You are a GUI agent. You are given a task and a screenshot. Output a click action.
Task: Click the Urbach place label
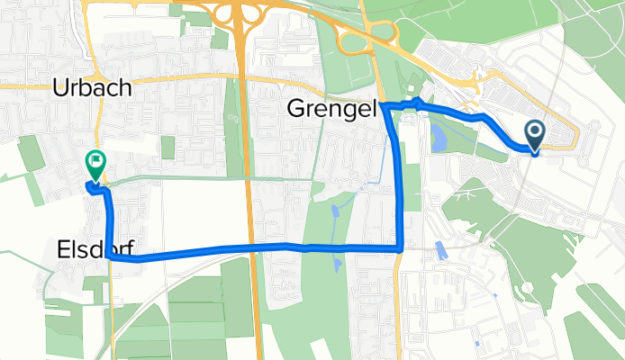93,88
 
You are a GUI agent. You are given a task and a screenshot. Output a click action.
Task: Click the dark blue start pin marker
534,136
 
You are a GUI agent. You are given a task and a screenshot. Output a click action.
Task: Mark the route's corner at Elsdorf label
110,256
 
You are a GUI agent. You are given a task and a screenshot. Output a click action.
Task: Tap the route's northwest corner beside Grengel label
385,106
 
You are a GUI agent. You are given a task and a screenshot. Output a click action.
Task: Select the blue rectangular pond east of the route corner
439,250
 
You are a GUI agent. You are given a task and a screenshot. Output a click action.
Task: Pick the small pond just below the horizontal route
335,263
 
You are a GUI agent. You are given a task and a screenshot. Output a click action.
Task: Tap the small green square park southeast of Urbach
168,147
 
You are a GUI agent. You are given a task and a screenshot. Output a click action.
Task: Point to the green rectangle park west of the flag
31,153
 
